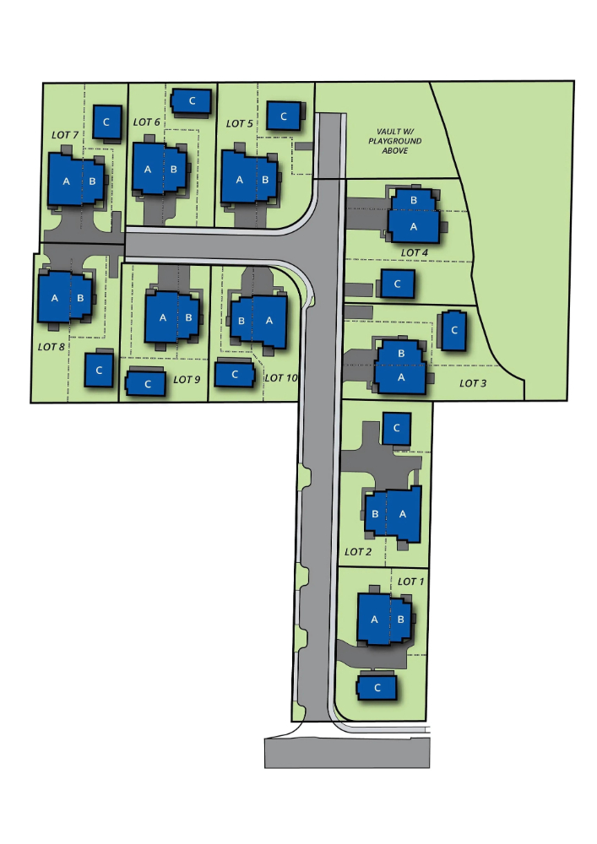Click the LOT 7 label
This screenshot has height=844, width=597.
65,134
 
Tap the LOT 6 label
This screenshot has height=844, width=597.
146,122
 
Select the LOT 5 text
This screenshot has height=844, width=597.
239,123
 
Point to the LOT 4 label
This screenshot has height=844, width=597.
414,252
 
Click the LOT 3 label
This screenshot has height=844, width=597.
473,382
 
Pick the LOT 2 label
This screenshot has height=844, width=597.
358,552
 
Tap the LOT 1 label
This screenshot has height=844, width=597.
410,582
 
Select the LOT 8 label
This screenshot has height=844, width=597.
52,347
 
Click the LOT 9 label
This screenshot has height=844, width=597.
187,380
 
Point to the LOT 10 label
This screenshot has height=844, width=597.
281,378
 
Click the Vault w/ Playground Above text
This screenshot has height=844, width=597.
395,141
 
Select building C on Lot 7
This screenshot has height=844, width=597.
106,122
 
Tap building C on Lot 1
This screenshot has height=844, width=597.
377,687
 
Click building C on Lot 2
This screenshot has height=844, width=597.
397,428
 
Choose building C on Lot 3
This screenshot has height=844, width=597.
453,331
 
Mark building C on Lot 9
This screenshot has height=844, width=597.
146,383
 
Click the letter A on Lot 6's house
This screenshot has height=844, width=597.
148,170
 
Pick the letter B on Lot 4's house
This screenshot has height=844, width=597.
414,200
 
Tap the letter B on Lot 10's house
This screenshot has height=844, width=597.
242,321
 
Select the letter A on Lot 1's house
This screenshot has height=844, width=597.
375,619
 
